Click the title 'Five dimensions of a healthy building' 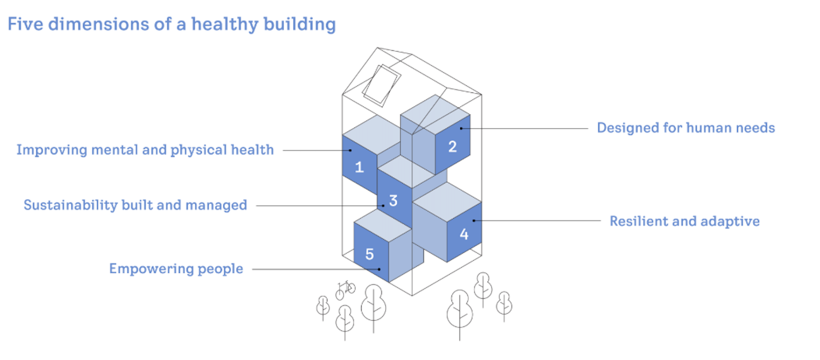point(171,25)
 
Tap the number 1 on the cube point(359,167)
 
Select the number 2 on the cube point(453,147)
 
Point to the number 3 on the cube point(393,201)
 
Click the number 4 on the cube point(464,234)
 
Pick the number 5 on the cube point(370,254)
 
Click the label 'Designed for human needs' point(686,127)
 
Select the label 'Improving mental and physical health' point(145,150)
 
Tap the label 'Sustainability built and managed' point(135,205)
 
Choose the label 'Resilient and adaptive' point(684,221)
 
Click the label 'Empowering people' point(176,269)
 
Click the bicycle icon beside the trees point(345,288)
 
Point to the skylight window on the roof point(381,85)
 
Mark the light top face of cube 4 point(447,199)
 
